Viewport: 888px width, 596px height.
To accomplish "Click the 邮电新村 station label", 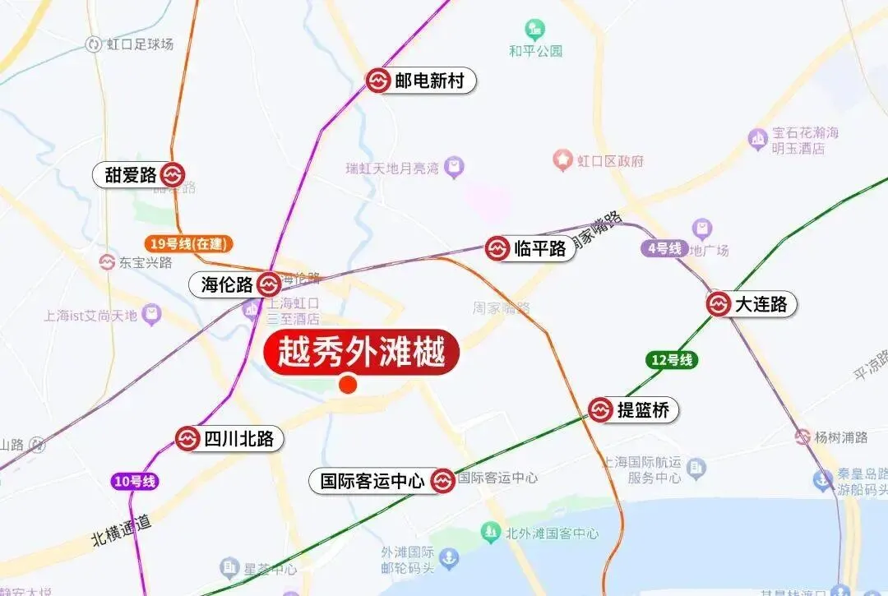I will [x=429, y=81].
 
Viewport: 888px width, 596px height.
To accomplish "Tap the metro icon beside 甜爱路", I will [x=173, y=175].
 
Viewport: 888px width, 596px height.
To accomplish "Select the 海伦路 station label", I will [x=227, y=285].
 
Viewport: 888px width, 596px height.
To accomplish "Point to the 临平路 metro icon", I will [x=497, y=248].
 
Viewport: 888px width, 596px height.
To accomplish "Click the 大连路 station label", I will [x=761, y=305].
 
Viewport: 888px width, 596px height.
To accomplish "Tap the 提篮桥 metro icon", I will [x=601, y=409].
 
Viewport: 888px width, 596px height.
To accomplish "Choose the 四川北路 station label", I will [x=238, y=439].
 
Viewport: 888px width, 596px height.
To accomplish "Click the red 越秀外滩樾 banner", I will [x=360, y=354].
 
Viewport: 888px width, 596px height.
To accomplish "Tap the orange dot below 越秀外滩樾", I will [x=348, y=384].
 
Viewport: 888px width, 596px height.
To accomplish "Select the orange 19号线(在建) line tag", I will [x=188, y=243].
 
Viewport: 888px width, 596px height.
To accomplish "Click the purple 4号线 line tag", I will [x=664, y=248].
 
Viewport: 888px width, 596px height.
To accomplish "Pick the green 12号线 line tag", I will [x=672, y=359].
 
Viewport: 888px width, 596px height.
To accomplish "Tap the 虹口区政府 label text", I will [x=610, y=160].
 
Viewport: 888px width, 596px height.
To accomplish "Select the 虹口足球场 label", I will [x=140, y=44].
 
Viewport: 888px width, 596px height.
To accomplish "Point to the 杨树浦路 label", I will [x=840, y=437].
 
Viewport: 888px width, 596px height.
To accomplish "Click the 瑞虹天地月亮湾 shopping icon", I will [x=454, y=169].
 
